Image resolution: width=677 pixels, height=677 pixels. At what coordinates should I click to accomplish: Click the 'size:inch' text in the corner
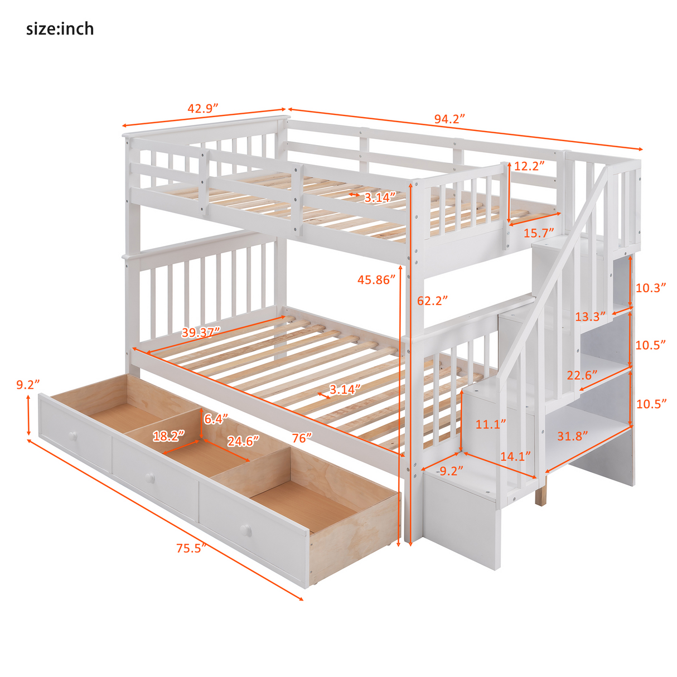click(x=60, y=28)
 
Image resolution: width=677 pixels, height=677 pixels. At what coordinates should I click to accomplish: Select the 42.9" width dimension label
click(x=202, y=108)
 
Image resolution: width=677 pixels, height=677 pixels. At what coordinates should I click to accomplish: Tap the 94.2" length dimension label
click(x=449, y=119)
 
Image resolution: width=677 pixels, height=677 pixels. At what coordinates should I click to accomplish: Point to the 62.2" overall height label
click(x=433, y=301)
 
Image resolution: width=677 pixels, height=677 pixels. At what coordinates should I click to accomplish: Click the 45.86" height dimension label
click(x=376, y=280)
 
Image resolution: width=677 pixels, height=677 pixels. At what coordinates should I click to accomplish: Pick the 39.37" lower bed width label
click(x=201, y=332)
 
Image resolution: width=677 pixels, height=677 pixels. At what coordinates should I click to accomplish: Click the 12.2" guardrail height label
click(x=529, y=166)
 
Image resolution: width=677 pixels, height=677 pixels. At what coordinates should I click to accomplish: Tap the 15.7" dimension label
click(x=539, y=233)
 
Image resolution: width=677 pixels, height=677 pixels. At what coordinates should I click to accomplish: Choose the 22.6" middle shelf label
click(x=582, y=375)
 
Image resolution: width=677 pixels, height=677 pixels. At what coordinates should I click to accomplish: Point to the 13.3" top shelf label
click(x=590, y=317)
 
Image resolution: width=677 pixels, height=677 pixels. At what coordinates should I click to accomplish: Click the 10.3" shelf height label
click(x=651, y=288)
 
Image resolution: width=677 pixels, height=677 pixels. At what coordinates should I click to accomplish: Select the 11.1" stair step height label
click(x=491, y=424)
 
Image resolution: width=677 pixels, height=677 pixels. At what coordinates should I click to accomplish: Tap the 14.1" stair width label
click(x=515, y=456)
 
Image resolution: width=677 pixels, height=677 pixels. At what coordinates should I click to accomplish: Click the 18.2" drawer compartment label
click(x=168, y=436)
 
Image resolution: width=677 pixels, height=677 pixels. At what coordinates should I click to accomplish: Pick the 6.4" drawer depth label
click(x=215, y=418)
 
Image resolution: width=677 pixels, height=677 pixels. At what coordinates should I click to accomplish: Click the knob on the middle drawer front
click(x=149, y=477)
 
